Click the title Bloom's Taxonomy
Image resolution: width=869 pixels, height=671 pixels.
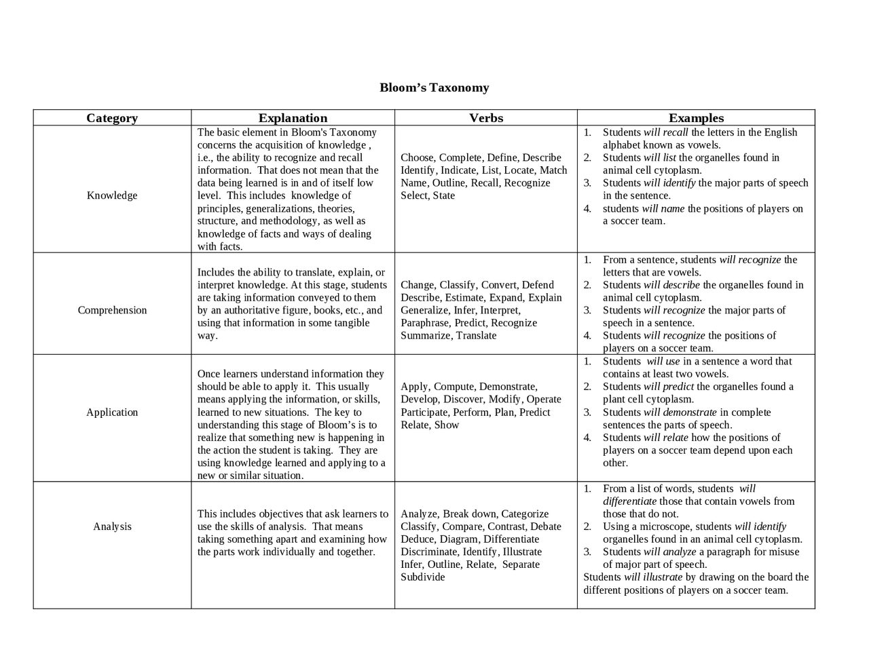coord(434,88)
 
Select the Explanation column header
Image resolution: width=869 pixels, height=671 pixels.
coord(293,118)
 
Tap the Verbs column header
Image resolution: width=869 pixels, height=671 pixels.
coord(486,118)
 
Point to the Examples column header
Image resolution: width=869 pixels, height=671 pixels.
coord(696,118)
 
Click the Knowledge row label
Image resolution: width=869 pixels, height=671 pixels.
coord(112,195)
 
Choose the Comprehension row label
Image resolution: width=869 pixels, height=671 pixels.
coord(112,310)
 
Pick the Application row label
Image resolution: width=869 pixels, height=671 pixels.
coord(112,413)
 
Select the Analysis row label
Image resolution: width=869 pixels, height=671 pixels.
coord(112,526)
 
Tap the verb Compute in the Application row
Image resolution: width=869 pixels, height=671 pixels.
coord(453,387)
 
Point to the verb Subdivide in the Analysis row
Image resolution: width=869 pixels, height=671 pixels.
coord(423,577)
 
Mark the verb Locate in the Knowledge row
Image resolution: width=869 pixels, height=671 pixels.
coord(519,170)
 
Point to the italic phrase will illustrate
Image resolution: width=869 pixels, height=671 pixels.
coord(653,577)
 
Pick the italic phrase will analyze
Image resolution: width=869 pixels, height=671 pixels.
coord(669,552)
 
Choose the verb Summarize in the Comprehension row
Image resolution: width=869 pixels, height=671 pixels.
coord(425,336)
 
